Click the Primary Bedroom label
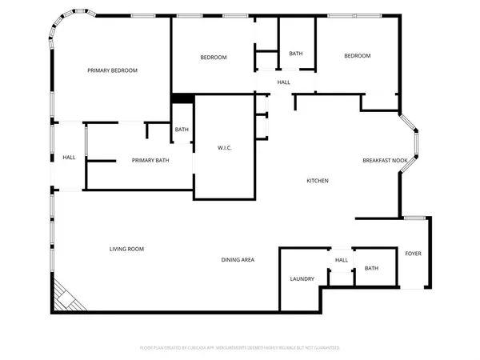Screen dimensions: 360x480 point(112,70)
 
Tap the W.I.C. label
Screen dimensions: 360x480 point(225,148)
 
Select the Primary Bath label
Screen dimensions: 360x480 point(150,161)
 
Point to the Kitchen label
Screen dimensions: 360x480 point(318,181)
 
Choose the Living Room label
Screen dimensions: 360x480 point(126,250)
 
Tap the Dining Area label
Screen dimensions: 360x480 point(238,260)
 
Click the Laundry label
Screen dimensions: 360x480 point(302,279)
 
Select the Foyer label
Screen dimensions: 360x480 point(413,254)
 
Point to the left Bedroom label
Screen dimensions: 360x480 point(214,57)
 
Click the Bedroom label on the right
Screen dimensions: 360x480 point(358,55)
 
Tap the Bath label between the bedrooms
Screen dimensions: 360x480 point(296,54)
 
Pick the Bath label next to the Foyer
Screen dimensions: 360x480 point(371,268)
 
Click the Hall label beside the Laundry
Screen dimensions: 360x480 point(342,261)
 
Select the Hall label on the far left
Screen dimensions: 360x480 point(69,157)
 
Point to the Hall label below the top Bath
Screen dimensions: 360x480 point(284,82)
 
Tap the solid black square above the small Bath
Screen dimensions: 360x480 point(182,99)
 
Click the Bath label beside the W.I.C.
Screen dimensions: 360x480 point(182,130)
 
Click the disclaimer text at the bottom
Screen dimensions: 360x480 point(240,348)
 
